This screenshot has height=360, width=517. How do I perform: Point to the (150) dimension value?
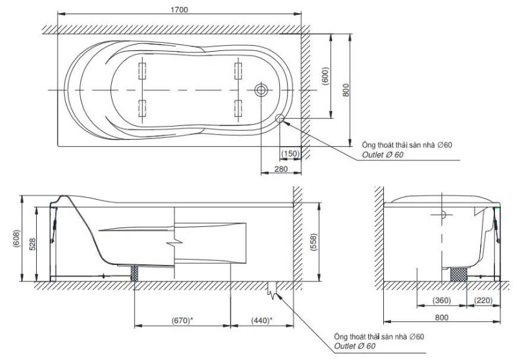pyautogui.click(x=290, y=153)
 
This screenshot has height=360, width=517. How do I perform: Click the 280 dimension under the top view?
pyautogui.click(x=281, y=169)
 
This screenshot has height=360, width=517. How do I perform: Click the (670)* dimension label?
pyautogui.click(x=183, y=320)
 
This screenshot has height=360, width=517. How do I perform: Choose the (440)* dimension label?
pyautogui.click(x=261, y=320)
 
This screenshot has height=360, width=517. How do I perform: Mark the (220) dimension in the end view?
pyautogui.click(x=484, y=301)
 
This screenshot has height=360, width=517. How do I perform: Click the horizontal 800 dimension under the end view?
pyautogui.click(x=442, y=318)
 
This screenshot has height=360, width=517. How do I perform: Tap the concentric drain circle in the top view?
pyautogui.click(x=261, y=90)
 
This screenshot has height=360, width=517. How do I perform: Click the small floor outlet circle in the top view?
pyautogui.click(x=280, y=118)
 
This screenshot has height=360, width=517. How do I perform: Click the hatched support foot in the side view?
pyautogui.click(x=136, y=272)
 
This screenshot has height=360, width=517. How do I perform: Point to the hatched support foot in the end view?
pyautogui.click(x=459, y=273)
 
